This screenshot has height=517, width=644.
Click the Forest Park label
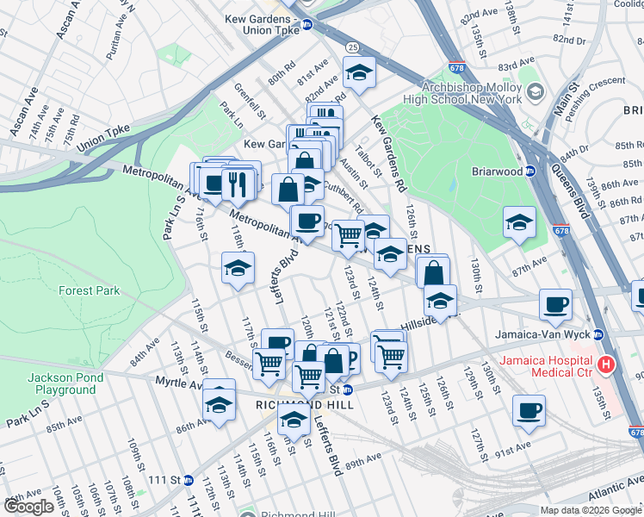click(x=89, y=290)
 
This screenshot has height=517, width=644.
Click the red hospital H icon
click(x=606, y=364)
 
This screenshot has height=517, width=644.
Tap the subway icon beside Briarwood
click(x=531, y=171)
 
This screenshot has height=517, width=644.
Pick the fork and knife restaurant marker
click(x=234, y=183)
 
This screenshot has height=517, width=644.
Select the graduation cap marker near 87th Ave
click(x=519, y=223)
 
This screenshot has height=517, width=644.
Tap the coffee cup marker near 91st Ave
click(x=529, y=410)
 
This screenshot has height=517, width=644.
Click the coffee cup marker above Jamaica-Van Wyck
click(x=555, y=304)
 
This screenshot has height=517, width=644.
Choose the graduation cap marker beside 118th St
click(x=238, y=267)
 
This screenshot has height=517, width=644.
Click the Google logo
click(x=29, y=507)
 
